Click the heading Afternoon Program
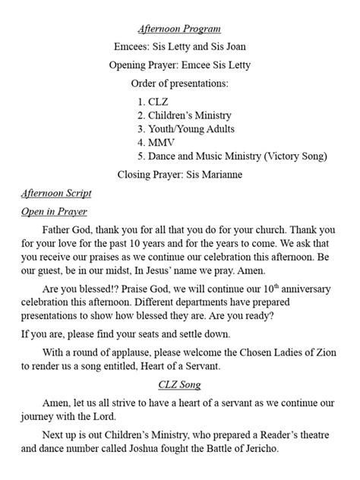pos(179,29)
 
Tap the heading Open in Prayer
pos(54,213)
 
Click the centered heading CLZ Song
pos(179,405)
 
